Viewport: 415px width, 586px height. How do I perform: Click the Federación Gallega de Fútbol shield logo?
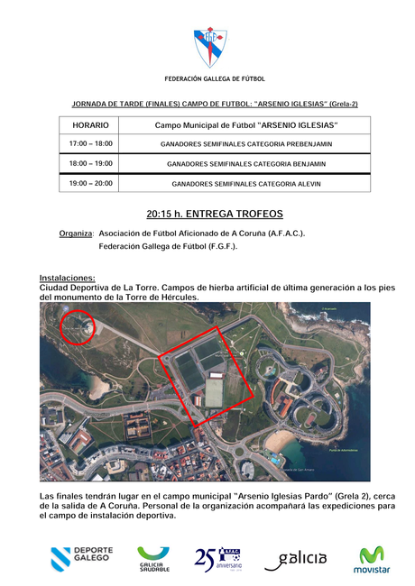211,47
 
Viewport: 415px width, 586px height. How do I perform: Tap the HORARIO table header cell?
90,125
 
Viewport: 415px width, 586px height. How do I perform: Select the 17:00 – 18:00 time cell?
90,144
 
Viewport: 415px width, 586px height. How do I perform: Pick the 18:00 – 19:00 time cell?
90,164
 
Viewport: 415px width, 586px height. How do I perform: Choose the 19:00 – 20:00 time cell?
90,184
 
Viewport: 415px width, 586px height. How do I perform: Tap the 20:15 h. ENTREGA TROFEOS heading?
215,215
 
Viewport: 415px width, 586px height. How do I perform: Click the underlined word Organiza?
76,233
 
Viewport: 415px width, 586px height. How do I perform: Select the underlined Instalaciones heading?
68,278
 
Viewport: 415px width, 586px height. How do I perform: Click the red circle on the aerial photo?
77,326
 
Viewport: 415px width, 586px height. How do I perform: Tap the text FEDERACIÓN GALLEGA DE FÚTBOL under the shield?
208,79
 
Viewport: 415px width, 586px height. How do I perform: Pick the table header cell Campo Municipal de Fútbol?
246,125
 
